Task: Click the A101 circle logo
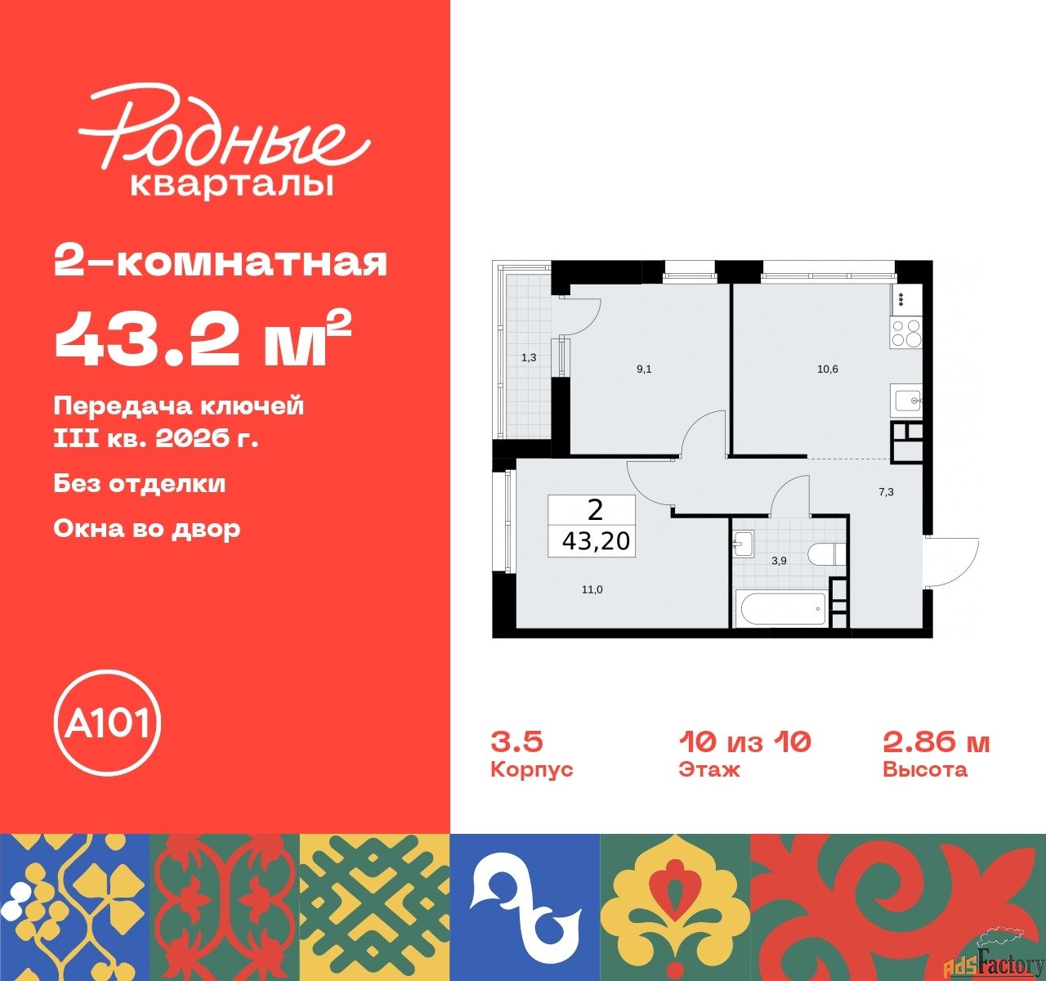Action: pos(107,723)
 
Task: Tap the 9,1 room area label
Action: pos(644,370)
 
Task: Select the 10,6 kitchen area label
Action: pos(828,370)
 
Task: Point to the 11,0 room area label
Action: pos(592,590)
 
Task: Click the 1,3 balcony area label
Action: pos(529,358)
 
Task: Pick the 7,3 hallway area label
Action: pos(886,492)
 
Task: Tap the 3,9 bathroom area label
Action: pos(779,561)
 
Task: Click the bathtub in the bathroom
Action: pos(783,609)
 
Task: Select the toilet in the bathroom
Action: pos(827,554)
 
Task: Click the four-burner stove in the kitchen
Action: pos(906,334)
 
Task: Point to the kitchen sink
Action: pos(906,401)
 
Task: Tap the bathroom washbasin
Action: pos(742,544)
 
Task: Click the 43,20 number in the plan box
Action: pos(596,541)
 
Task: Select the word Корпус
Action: pos(531,769)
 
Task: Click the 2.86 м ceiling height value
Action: pos(936,743)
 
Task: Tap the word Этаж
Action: pos(709,769)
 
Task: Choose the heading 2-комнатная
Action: pos(221,262)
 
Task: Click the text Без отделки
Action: pos(140,483)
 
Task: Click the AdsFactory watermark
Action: pos(994,961)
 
